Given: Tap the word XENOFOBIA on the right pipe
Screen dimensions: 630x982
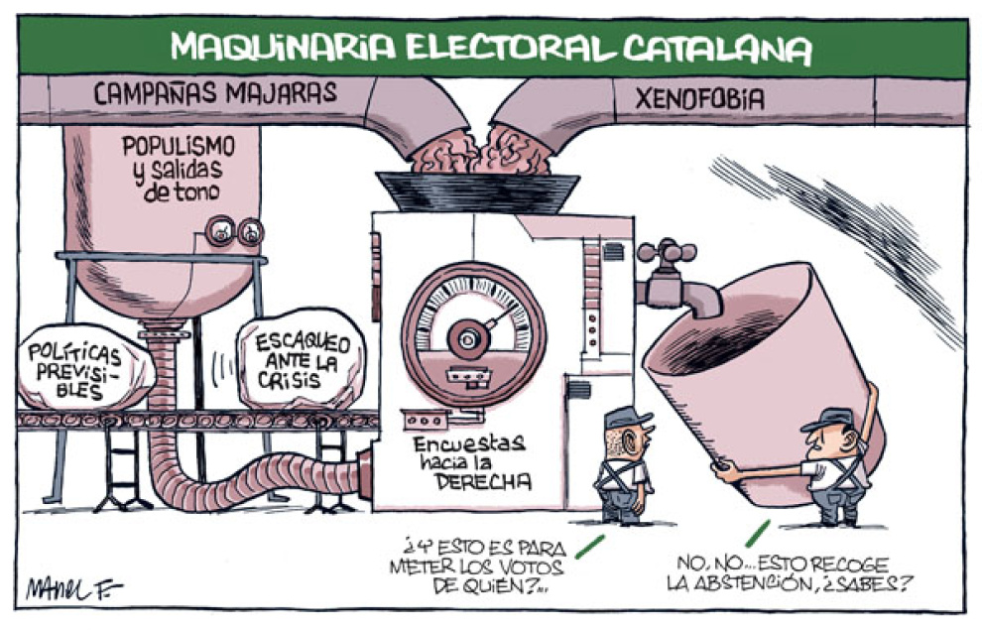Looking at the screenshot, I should pyautogui.click(x=699, y=99).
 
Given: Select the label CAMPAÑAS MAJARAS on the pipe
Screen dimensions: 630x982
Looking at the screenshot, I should pyautogui.click(x=215, y=95).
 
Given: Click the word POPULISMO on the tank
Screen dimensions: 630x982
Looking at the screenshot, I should pyautogui.click(x=179, y=146).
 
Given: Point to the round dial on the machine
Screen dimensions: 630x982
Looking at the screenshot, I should pyautogui.click(x=466, y=333).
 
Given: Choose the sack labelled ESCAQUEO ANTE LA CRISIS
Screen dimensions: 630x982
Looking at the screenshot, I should pyautogui.click(x=303, y=360).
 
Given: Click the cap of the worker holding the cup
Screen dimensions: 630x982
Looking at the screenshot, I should pyautogui.click(x=828, y=419).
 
